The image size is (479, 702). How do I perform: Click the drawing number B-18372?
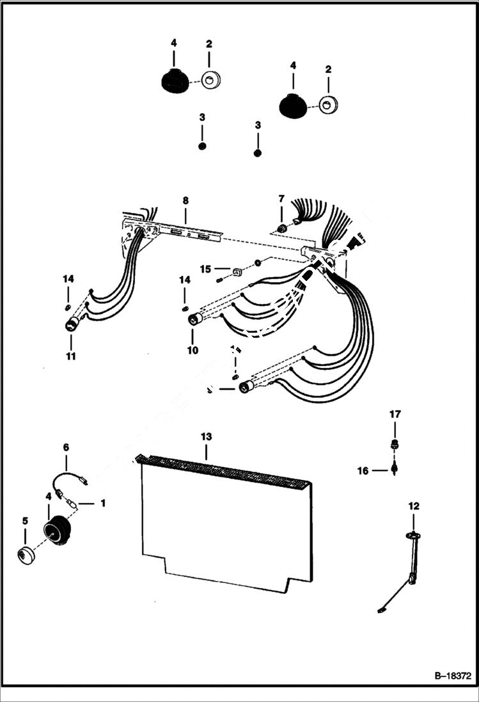click(452, 675)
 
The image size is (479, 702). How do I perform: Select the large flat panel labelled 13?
click(224, 525)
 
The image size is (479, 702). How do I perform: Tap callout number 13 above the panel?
click(206, 436)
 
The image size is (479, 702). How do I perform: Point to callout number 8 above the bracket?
click(185, 200)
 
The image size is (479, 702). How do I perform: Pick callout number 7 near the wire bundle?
click(281, 200)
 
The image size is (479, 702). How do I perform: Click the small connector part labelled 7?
click(281, 228)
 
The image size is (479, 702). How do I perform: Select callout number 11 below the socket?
click(70, 356)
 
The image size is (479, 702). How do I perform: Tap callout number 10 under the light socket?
click(192, 350)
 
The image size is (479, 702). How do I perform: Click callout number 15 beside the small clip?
click(205, 269)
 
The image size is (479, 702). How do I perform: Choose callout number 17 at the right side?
click(395, 414)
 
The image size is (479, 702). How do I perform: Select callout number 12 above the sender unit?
click(414, 506)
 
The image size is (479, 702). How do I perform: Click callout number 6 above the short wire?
click(65, 447)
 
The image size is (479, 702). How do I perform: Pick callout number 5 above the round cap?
click(25, 522)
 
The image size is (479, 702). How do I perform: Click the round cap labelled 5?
click(26, 554)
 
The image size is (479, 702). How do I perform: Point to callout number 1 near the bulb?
click(102, 503)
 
